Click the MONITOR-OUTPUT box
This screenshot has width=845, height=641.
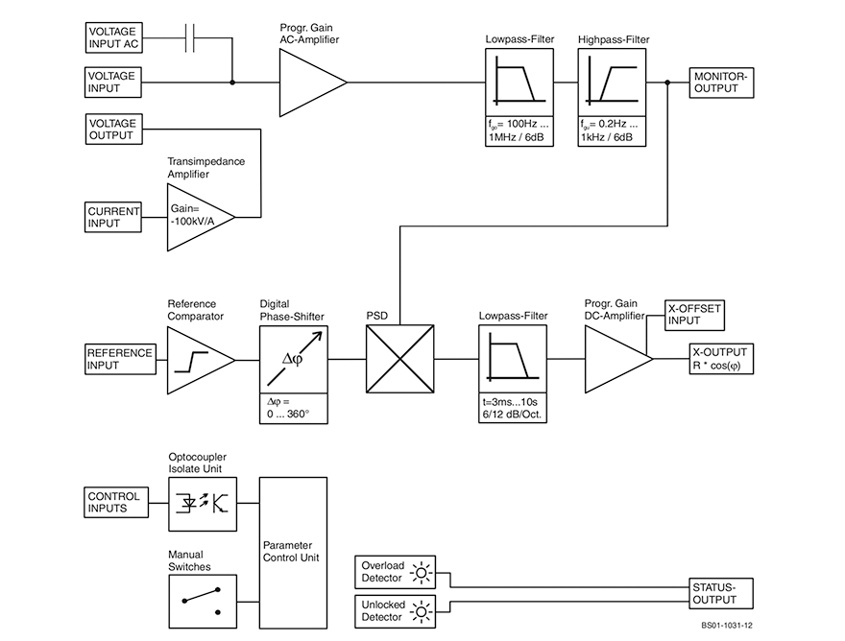(x=721, y=83)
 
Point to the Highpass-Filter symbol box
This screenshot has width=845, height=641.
(x=611, y=82)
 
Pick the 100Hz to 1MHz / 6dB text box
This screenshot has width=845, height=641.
(x=519, y=131)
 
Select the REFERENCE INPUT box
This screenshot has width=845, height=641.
(x=120, y=359)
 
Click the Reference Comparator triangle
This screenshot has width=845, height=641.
(x=199, y=359)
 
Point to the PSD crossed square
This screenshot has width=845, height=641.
(x=399, y=359)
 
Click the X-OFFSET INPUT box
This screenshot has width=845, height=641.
(x=693, y=314)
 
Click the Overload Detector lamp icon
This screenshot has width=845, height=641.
(x=420, y=573)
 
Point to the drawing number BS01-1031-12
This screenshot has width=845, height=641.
(x=727, y=626)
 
